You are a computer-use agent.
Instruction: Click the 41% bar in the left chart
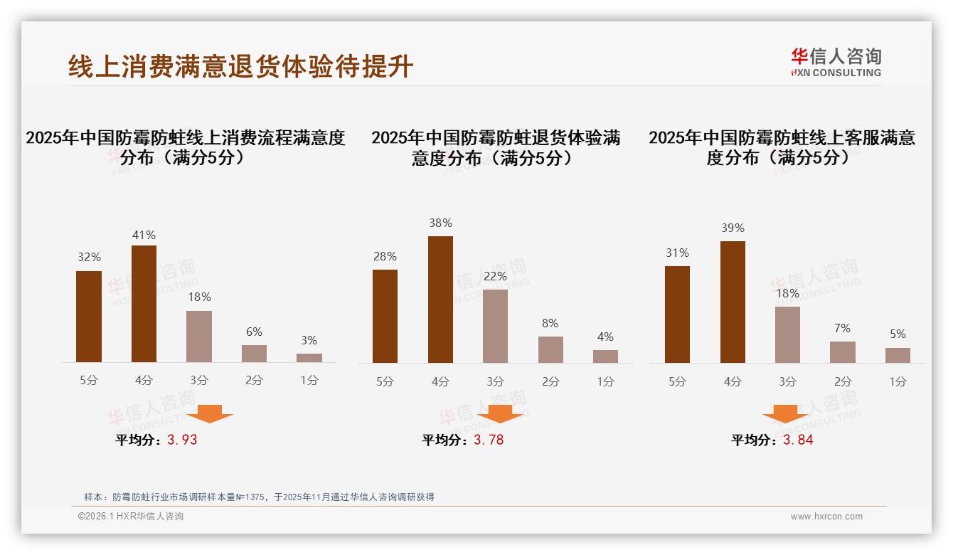(144, 304)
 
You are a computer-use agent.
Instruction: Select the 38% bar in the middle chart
(440, 300)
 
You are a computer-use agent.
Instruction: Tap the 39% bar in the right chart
(733, 302)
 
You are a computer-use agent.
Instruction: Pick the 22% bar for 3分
(495, 326)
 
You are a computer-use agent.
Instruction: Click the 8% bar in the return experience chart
(550, 349)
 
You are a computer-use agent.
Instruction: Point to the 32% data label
(89, 258)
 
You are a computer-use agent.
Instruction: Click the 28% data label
(385, 256)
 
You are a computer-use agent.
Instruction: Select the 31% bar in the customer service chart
(677, 314)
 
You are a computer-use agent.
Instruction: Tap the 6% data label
(254, 332)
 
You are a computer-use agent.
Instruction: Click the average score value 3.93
(182, 440)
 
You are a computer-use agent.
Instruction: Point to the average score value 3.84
(798, 440)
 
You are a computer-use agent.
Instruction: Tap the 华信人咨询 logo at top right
(836, 62)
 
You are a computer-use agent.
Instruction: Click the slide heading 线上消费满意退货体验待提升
(240, 66)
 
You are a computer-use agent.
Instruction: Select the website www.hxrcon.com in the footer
(826, 517)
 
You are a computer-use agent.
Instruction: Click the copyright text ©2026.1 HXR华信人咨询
(131, 517)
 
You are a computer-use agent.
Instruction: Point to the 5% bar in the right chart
(898, 355)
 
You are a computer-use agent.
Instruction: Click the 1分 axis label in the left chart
(309, 381)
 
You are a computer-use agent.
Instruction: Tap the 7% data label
(842, 328)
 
